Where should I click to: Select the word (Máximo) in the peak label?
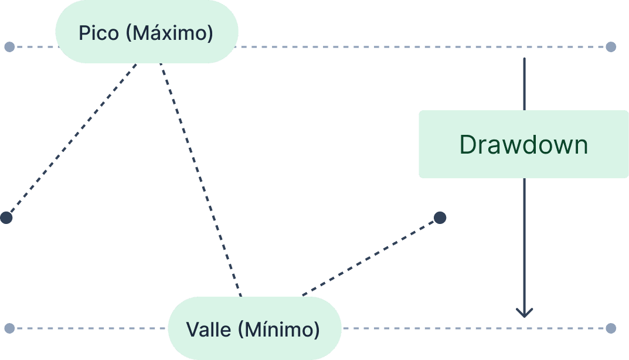point(169,33)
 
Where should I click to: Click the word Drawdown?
point(523,144)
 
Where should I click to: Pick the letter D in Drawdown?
point(468,144)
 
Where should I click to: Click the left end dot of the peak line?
point(9,47)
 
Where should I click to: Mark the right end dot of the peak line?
point(611,47)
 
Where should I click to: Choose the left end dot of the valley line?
point(9,328)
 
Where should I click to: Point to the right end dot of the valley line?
point(611,328)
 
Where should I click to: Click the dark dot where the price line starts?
point(6,218)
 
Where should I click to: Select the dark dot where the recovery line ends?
point(440,218)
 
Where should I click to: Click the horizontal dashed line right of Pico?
point(410,47)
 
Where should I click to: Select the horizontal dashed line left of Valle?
point(88,328)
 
